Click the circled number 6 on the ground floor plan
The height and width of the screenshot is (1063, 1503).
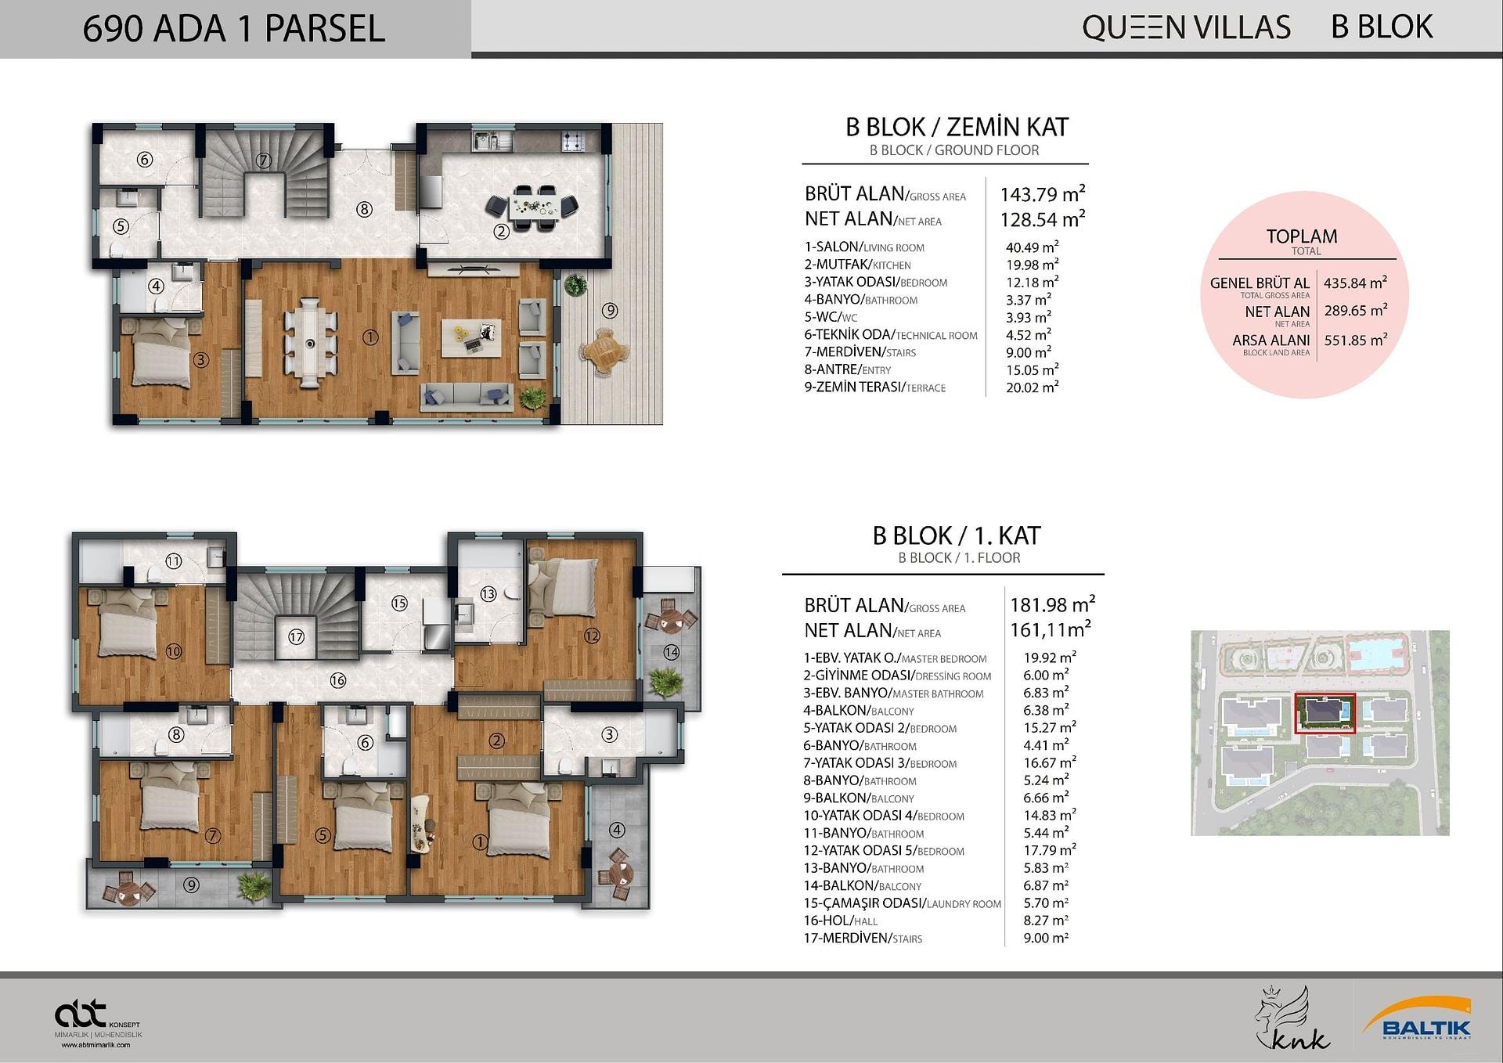pos(145,160)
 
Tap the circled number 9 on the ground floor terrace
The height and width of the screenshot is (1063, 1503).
pos(610,311)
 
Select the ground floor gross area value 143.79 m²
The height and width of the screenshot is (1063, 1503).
pos(1043,193)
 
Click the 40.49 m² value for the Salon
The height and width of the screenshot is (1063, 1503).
pos(1033,247)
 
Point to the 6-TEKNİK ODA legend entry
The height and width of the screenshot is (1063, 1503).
pos(891,335)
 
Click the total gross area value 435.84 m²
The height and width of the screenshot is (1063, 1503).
pos(1356,283)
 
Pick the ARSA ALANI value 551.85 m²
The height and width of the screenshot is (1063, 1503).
pos(1356,340)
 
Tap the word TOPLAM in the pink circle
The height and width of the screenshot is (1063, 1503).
pos(1302,236)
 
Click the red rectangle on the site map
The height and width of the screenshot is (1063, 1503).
pos(1325,713)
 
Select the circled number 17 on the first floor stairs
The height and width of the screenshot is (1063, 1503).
pos(296,637)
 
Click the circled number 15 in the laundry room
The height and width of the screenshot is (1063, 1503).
pos(400,603)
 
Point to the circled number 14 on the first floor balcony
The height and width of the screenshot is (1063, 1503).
pos(671,652)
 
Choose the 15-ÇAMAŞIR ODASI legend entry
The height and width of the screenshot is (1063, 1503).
pos(903,903)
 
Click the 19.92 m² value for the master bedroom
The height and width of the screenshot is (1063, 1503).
pos(1050,658)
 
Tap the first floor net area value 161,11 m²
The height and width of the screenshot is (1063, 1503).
pos(1051,629)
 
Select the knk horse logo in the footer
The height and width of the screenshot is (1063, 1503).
pos(1292,1018)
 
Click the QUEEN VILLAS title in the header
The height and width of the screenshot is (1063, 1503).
pos(1186,27)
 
